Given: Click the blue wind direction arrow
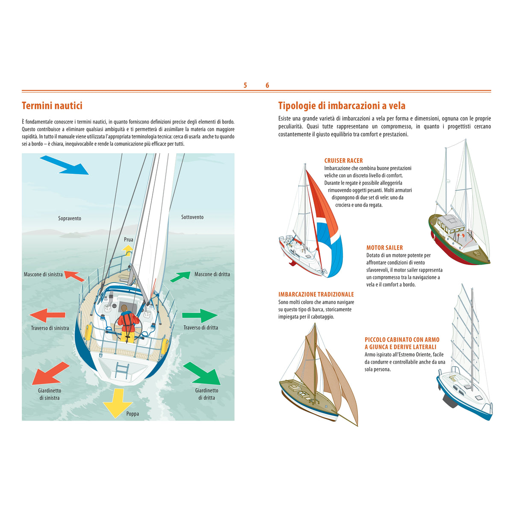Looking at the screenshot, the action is [65, 165].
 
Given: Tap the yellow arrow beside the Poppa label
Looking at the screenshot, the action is [118, 403].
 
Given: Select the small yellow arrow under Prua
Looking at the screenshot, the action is [127, 251].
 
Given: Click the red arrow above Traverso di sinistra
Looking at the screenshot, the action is [47, 315].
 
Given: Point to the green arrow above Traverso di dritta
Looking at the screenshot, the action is [200, 316].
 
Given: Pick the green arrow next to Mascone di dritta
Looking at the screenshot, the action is [180, 277].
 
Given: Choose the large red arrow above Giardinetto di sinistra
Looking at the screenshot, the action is [50, 373].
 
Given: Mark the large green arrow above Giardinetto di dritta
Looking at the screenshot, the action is [202, 373].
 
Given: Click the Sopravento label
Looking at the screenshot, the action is [70, 218].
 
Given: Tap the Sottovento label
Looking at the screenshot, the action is [192, 217].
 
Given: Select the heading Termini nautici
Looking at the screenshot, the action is [52, 106].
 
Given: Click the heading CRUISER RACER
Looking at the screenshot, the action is [343, 161].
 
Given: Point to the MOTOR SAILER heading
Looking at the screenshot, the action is [384, 248].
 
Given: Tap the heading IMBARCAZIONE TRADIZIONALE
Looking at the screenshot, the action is [316, 295].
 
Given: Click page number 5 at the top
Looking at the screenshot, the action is [245, 85].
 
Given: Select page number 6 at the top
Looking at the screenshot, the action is [267, 85].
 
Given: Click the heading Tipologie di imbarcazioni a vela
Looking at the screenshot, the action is [342, 106].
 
